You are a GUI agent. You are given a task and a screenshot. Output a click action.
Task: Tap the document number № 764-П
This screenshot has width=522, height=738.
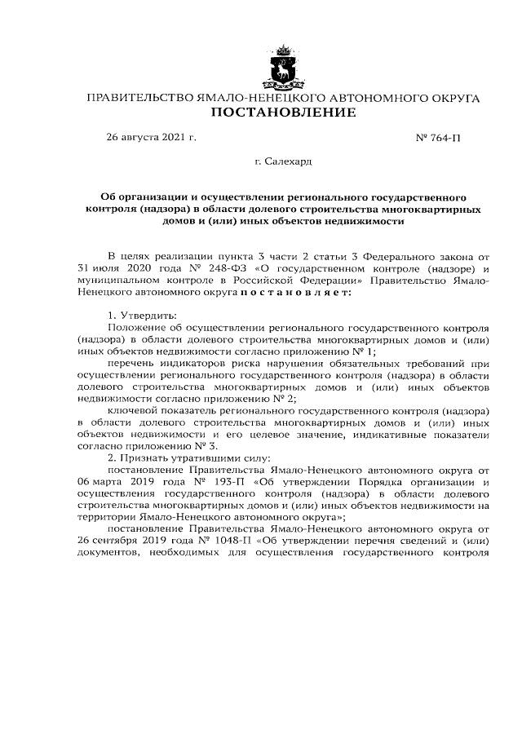tap(438, 138)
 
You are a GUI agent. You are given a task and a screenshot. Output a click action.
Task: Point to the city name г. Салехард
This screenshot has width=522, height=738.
tap(283, 162)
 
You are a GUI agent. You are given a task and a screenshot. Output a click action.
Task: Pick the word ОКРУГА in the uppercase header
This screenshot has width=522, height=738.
tap(449, 97)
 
